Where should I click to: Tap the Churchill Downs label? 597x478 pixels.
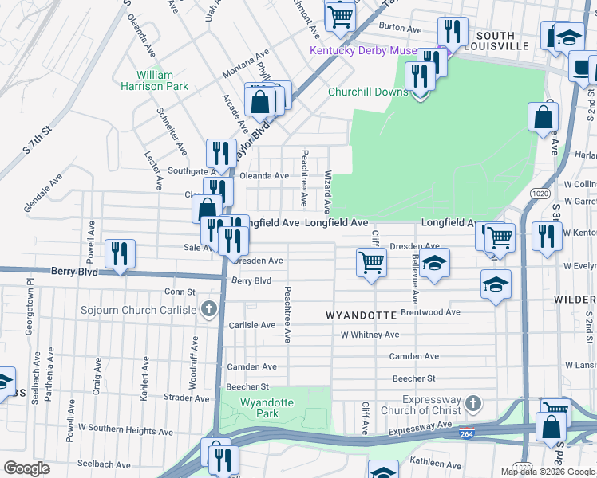pyautogui.click(x=368, y=92)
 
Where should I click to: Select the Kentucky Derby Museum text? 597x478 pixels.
pyautogui.click(x=363, y=52)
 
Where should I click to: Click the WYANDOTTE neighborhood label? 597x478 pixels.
pyautogui.click(x=362, y=315)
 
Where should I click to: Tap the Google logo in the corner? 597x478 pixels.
pyautogui.click(x=26, y=468)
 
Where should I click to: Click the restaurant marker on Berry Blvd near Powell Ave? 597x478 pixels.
pyautogui.click(x=121, y=255)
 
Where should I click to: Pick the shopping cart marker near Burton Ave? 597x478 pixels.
pyautogui.click(x=340, y=15)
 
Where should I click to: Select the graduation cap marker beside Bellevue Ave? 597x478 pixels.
pyautogui.click(x=434, y=263)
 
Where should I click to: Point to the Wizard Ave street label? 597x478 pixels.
pyautogui.click(x=327, y=190)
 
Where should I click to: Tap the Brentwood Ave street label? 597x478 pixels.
pyautogui.click(x=430, y=313)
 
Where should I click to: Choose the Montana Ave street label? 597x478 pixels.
pyautogui.click(x=246, y=65)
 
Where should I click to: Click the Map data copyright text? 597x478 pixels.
pyautogui.click(x=548, y=472)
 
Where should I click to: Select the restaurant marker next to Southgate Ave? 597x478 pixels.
pyautogui.click(x=221, y=152)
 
